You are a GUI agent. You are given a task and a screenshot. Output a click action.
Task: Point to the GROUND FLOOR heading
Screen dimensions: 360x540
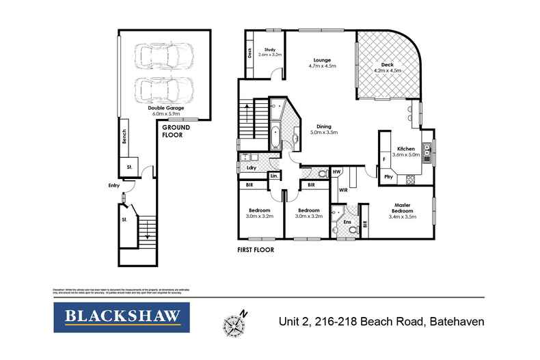point(175,131)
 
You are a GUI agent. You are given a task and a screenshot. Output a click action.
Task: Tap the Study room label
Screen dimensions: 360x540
point(270,50)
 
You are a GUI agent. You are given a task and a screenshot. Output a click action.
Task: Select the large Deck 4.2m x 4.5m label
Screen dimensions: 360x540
point(387,66)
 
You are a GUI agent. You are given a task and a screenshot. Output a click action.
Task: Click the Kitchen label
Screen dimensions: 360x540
point(406,148)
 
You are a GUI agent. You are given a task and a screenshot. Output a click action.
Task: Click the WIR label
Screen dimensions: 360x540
point(343,190)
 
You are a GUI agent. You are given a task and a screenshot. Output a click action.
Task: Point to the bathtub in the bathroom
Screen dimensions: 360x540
point(274,136)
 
